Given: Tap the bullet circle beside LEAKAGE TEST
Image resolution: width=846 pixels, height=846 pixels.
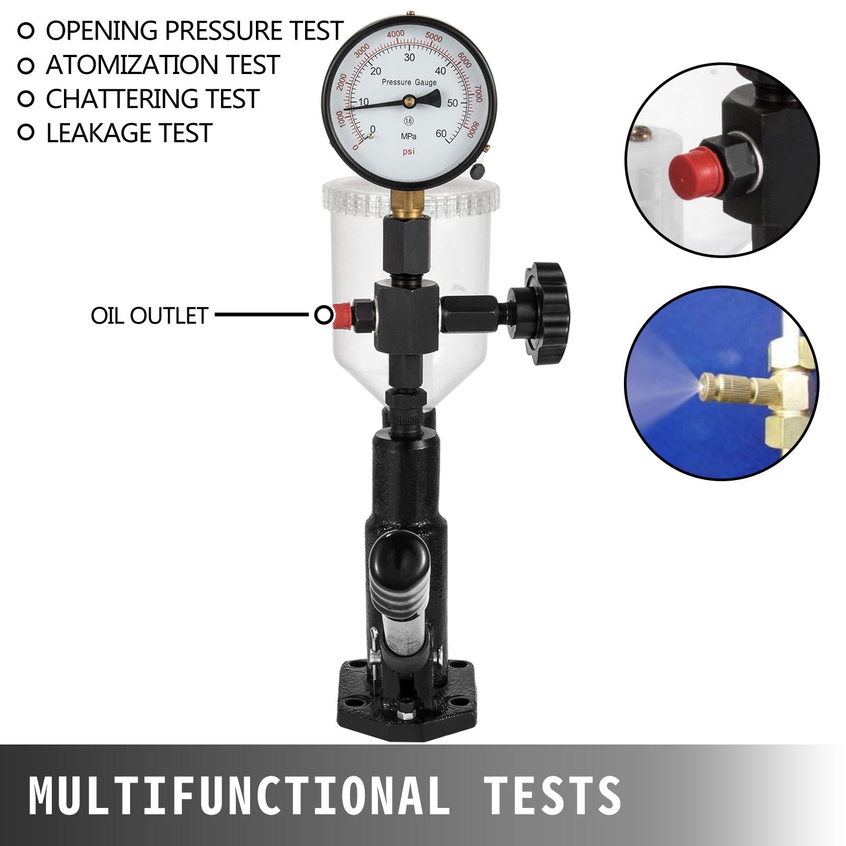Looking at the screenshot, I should tap(25, 132).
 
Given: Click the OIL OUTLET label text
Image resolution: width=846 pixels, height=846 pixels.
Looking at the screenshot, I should tap(150, 316).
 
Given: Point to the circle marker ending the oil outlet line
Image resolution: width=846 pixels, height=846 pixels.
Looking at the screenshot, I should tap(323, 316).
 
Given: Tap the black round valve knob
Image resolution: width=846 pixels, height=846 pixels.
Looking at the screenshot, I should tap(545, 313).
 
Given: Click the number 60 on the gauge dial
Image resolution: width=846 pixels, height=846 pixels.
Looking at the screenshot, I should tap(440, 134).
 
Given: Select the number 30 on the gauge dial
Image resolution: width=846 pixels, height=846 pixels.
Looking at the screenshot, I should tap(409, 58).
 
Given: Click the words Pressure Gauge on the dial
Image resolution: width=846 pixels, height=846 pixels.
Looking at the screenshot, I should tap(409, 82).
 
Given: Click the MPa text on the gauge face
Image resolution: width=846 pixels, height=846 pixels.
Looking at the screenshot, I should tap(408, 136).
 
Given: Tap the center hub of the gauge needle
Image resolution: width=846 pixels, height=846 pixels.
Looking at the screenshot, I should tap(409, 100).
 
